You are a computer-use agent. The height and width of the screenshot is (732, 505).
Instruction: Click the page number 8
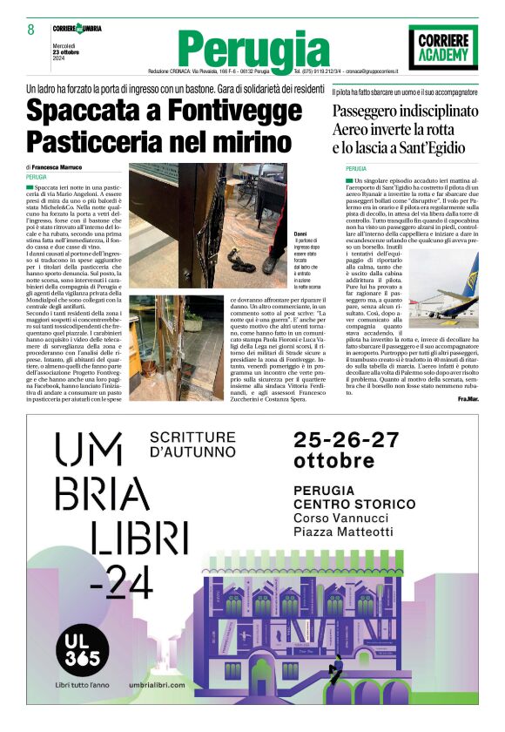(x=30, y=29)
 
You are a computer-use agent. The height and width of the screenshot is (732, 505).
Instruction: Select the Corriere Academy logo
(x=443, y=44)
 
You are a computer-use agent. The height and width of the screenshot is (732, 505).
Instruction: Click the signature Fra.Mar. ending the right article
(x=468, y=399)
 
